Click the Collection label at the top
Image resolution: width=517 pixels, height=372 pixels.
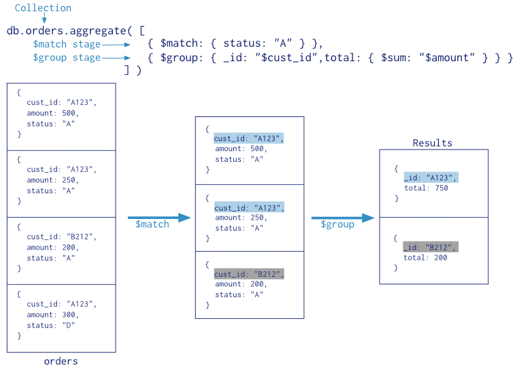[43, 8]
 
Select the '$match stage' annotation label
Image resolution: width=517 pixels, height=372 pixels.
[67, 44]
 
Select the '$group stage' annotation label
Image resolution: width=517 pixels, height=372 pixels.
[67, 58]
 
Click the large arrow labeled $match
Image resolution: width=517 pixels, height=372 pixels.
[159, 218]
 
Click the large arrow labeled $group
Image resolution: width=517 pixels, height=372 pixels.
[342, 218]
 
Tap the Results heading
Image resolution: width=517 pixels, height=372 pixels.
[432, 143]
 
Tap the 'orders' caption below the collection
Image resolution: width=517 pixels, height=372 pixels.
[61, 361]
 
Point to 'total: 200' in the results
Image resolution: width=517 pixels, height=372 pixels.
[425, 258]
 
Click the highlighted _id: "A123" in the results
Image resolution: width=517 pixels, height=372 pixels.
[431, 177]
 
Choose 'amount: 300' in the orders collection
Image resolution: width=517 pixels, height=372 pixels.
[52, 315]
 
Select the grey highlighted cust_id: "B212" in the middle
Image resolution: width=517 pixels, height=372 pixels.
[248, 274]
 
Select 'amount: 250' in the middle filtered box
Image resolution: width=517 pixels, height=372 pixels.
[240, 218]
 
